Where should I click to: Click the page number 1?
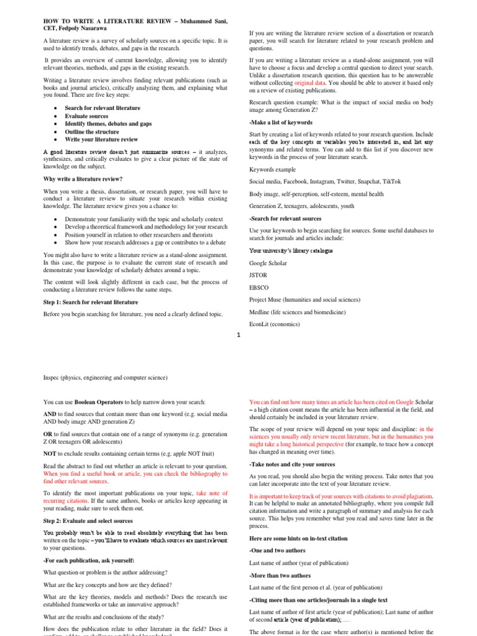coord(238,336)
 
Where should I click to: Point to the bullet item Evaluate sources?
coord(86,116)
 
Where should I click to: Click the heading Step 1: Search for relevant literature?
coord(91,302)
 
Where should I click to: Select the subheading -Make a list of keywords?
coord(281,122)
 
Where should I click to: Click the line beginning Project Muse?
coord(306,299)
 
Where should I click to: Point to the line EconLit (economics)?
coord(274,324)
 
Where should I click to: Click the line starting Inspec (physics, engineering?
coord(105,377)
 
